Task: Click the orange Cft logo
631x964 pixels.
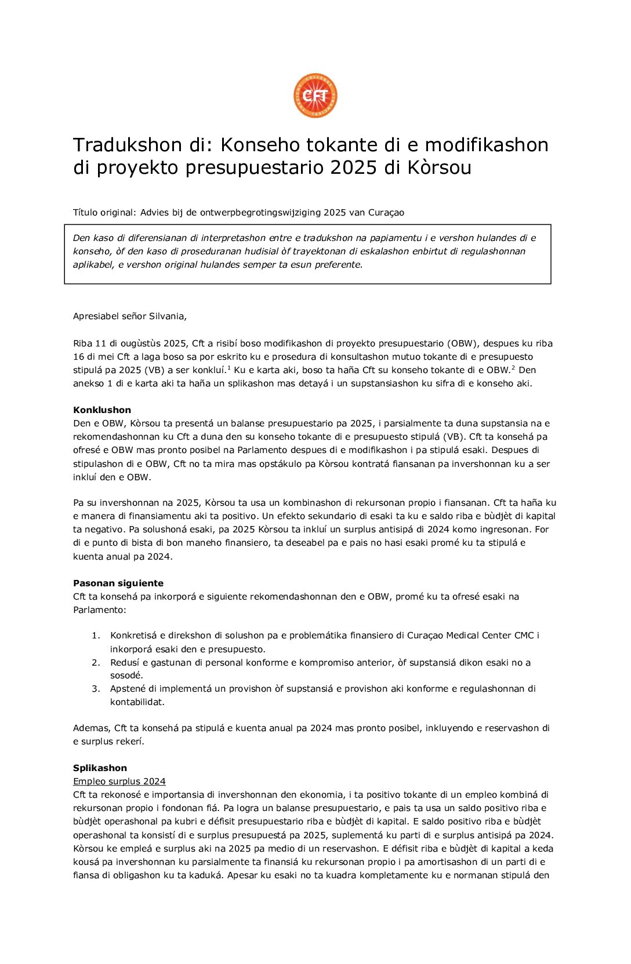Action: (315, 96)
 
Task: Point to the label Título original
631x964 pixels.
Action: (104, 213)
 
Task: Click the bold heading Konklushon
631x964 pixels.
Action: (102, 410)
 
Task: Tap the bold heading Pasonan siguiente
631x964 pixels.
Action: (118, 583)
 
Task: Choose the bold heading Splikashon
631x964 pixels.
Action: (100, 768)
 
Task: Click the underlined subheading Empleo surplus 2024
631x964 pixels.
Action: (119, 782)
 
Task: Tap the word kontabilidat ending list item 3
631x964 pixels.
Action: (137, 702)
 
